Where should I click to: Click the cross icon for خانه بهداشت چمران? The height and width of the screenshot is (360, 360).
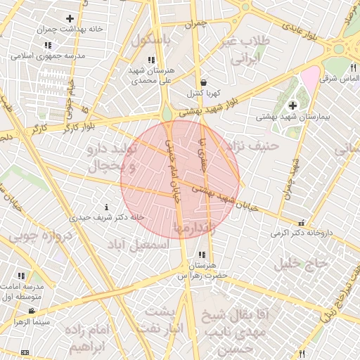coord(70,18)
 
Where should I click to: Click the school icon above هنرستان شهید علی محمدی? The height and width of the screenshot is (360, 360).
coord(150,60)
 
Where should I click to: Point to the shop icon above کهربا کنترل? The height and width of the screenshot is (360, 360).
coord(203,82)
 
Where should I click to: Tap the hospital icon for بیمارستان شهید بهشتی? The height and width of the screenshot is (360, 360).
coord(292,105)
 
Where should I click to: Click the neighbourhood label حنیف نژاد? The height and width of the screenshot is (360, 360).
coord(254,146)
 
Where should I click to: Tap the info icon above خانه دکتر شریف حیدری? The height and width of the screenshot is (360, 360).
coord(106,207)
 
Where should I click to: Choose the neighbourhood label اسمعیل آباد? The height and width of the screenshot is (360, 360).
coord(139,245)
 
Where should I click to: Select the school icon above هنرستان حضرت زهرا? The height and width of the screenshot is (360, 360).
coord(202,255)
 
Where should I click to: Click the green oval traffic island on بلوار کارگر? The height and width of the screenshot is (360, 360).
coord(167,113)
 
